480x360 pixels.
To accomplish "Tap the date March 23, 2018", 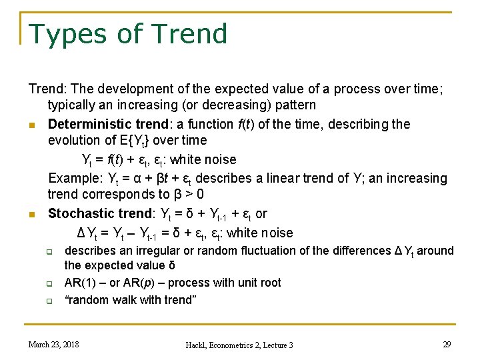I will [x=53, y=344].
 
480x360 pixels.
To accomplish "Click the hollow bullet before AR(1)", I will [x=49, y=284].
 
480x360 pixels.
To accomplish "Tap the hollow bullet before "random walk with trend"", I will [x=49, y=301].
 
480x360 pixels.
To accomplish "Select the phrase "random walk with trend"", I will [x=130, y=300].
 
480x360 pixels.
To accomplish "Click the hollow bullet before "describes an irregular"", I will [x=49, y=252].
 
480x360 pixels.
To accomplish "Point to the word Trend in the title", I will [x=189, y=34].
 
